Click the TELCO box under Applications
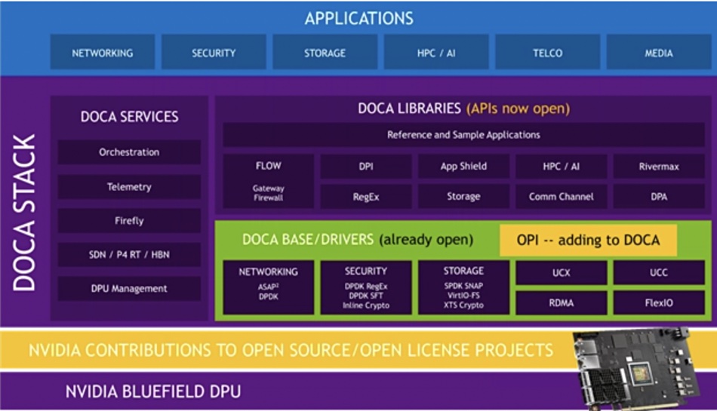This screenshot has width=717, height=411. point(547,53)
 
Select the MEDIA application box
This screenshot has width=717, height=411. point(658,53)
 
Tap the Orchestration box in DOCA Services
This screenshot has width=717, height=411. point(129,152)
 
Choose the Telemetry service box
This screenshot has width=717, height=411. point(129,187)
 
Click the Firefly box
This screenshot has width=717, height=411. point(129,221)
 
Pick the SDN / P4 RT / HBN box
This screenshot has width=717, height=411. point(129,255)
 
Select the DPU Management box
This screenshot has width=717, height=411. point(129,289)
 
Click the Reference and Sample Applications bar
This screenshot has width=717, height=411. point(463,135)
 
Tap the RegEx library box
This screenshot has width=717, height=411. point(366,197)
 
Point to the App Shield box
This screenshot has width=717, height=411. point(463,166)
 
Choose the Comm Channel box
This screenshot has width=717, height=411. point(561,197)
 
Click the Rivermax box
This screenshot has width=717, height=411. point(659,166)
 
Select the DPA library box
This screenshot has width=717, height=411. point(659,197)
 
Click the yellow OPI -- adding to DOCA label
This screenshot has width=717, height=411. point(588,240)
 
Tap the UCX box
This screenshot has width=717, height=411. point(561,273)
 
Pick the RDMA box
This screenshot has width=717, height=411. point(561,302)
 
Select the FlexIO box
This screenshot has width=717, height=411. point(659,302)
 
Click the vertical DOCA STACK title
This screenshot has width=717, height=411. point(24,213)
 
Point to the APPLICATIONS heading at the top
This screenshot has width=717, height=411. point(359,18)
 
